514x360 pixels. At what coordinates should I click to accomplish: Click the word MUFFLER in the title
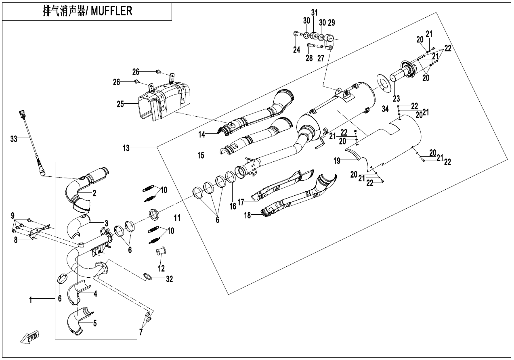click(x=111, y=11)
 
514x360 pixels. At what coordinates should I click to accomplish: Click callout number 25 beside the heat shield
click(x=120, y=104)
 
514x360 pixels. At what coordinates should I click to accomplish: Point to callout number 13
click(x=126, y=148)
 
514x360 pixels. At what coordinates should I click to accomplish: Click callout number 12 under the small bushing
click(x=161, y=268)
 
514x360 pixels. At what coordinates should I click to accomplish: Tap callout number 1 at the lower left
click(x=30, y=300)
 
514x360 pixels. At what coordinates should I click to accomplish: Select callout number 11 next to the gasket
click(x=177, y=218)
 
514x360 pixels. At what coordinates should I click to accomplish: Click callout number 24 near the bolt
click(x=297, y=50)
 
